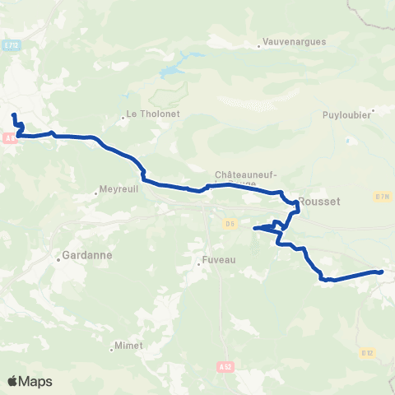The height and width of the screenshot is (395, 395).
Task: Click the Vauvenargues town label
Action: click(x=295, y=41)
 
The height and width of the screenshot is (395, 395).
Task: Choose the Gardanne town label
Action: click(x=85, y=257)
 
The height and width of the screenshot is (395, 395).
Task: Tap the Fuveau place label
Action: click(x=218, y=262)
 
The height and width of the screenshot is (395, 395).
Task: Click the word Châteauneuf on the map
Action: click(x=245, y=174)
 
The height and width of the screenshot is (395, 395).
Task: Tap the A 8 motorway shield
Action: click(x=9, y=139)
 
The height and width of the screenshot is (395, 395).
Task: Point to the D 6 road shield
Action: click(x=230, y=222)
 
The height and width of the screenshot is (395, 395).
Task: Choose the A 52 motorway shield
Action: click(x=226, y=365)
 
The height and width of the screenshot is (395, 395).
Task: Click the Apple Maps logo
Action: click(x=30, y=381)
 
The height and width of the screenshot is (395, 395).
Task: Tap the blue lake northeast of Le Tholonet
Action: click(x=173, y=71)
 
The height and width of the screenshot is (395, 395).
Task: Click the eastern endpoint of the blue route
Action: click(x=381, y=272)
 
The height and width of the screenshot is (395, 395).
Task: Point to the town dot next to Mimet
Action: click(x=110, y=346)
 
